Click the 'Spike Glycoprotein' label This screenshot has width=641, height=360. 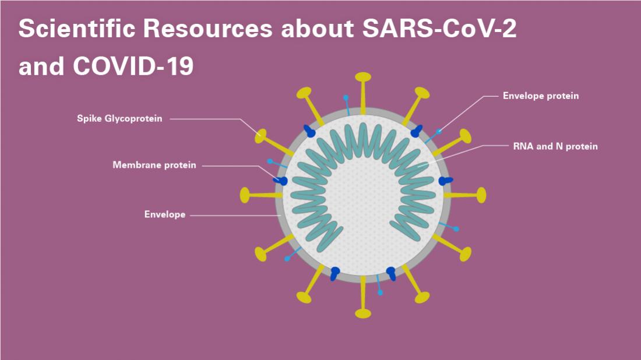(119, 119)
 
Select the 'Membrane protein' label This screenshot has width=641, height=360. (154, 165)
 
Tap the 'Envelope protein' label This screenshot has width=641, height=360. (541, 96)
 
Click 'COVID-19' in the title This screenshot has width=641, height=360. (133, 67)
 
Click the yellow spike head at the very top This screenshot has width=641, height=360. (363, 77)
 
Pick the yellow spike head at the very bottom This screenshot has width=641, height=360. (363, 313)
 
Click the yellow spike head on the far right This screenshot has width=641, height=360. (481, 195)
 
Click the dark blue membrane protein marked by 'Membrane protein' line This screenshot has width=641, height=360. (282, 181)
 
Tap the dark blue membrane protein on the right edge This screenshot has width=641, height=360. (446, 181)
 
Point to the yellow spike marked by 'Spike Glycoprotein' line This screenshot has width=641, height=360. (260, 136)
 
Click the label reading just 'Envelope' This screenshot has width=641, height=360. (165, 214)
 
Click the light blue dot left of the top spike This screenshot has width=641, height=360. (346, 97)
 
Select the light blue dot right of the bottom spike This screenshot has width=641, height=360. (381, 292)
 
